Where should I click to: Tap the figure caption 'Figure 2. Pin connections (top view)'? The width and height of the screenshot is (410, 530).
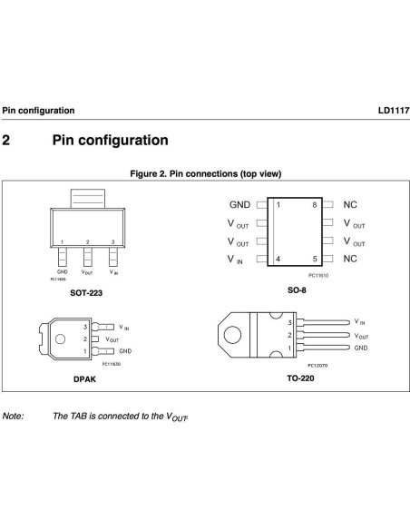coord(205,173)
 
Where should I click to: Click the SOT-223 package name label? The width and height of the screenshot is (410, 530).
coord(86,293)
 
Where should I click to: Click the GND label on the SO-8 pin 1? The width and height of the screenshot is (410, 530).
coord(239,205)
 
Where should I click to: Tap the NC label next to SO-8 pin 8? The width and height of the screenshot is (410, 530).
coord(350,205)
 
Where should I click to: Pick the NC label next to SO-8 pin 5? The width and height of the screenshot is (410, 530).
coord(350,259)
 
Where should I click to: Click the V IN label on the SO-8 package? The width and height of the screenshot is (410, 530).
coord(235,260)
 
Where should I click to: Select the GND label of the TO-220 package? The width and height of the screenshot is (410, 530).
coord(361,348)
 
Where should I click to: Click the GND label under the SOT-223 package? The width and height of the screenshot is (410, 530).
coord(62,271)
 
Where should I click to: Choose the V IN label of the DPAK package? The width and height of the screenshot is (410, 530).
coord(123,327)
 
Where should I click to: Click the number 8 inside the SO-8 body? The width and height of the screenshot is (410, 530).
coord(315,205)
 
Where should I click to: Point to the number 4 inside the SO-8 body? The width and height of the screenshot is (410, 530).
coord(278,260)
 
